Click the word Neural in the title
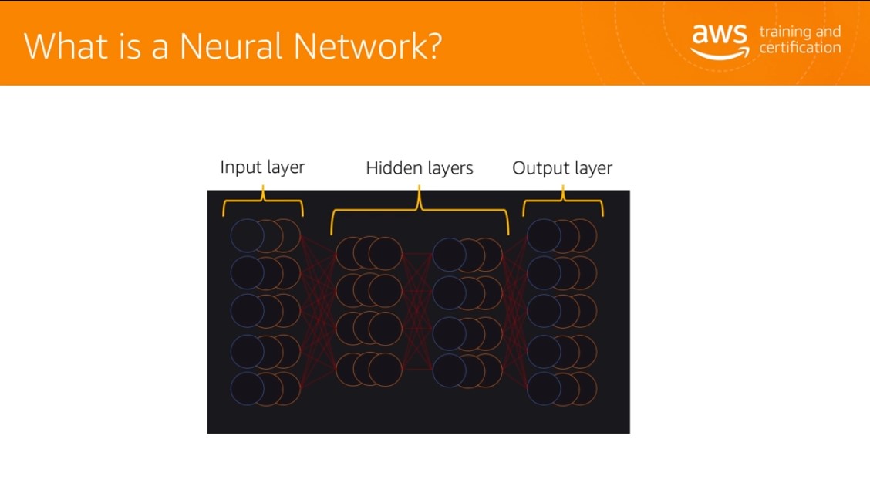(x=231, y=46)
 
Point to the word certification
(x=800, y=48)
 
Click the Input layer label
(x=262, y=167)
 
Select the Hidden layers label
(x=420, y=168)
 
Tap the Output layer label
(x=562, y=168)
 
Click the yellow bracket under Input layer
(x=263, y=200)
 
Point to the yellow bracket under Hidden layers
(x=420, y=210)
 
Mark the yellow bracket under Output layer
(x=562, y=200)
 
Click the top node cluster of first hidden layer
(x=369, y=253)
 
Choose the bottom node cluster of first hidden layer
(x=369, y=369)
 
